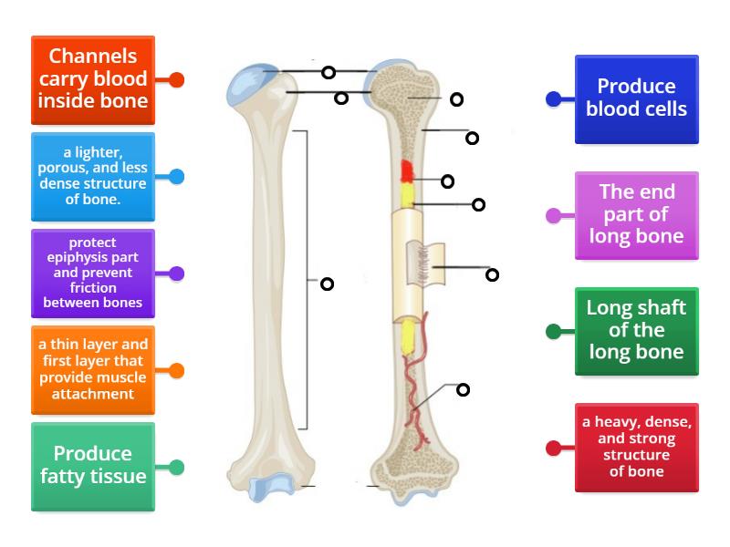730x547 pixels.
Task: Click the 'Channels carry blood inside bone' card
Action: [x=92, y=79]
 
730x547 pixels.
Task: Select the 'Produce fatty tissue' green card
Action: [x=92, y=466]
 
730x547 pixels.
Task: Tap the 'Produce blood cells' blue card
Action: [x=636, y=98]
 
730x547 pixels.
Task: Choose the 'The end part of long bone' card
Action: [x=636, y=215]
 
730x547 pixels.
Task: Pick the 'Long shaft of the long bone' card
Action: [x=636, y=331]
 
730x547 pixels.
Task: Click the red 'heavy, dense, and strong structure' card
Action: [x=636, y=447]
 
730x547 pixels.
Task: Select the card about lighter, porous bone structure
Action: [x=92, y=176]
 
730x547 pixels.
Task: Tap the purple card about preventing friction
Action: [x=92, y=273]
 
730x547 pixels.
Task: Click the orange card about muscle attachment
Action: [x=92, y=369]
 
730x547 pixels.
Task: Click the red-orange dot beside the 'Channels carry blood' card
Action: [x=177, y=79]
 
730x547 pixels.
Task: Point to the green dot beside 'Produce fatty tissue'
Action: [x=177, y=467]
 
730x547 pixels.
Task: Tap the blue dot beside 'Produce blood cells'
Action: [x=553, y=98]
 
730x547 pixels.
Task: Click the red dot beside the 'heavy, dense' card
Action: [x=553, y=448]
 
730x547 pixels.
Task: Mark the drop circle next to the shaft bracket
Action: [x=327, y=284]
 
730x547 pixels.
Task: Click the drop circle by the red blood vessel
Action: [x=463, y=390]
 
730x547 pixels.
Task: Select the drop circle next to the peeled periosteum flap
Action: [x=492, y=274]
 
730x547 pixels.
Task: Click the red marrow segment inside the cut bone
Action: [x=407, y=171]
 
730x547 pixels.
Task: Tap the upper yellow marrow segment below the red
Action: [x=408, y=193]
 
